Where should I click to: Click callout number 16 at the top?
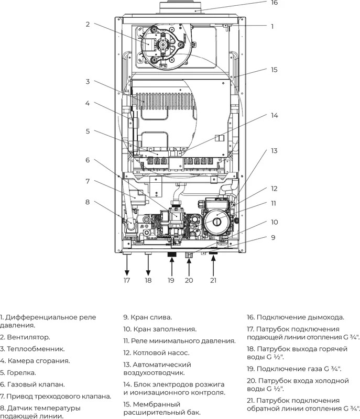coord(274,3)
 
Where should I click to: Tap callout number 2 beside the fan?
coord(88,24)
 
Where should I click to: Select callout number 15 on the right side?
coord(274,70)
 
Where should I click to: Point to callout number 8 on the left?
coord(88,202)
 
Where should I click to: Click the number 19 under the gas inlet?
coord(171,280)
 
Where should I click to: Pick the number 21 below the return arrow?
coord(213,280)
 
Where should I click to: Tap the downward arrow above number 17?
coord(127,265)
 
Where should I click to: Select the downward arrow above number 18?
coord(148,265)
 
